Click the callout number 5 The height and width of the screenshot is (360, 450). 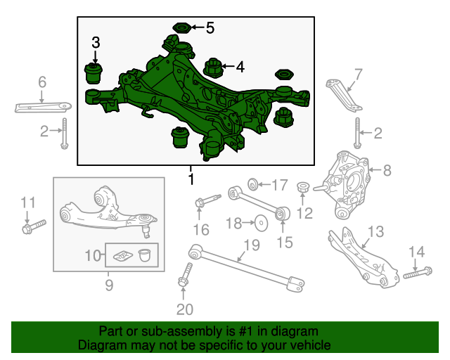[210, 28]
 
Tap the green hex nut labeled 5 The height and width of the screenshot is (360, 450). [181, 29]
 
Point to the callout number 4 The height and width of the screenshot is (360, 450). [240, 67]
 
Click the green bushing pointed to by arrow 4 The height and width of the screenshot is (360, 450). [213, 69]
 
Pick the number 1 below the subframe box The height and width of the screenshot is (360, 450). [190, 180]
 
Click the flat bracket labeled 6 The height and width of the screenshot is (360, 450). [42, 108]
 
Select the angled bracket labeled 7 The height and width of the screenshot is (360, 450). [344, 95]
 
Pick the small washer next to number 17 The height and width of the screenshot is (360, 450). [256, 185]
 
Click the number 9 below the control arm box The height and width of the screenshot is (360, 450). [109, 285]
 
